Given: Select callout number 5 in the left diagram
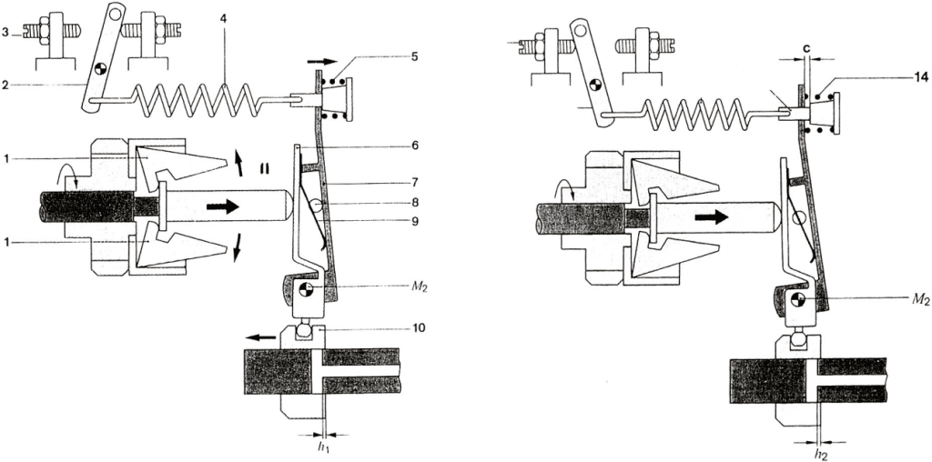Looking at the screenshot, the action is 414,57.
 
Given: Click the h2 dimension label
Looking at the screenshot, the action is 821,455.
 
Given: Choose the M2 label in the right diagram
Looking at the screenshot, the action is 919,300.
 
